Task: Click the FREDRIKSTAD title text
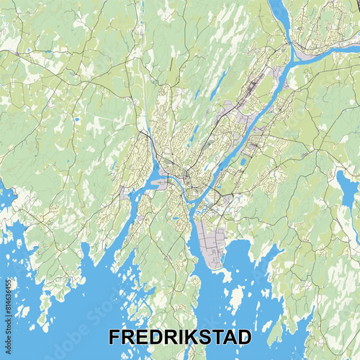pyautogui.click(x=180, y=337)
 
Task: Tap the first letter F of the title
pyautogui.click(x=114, y=337)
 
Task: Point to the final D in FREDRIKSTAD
pyautogui.click(x=245, y=337)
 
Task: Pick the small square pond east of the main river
pyautogui.click(x=243, y=161)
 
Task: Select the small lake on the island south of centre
pyautogui.click(x=176, y=217)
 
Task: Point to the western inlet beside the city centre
pyautogui.click(x=148, y=184)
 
